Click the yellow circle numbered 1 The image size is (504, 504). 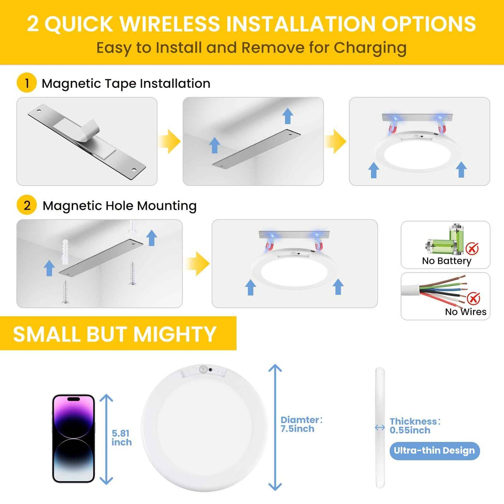(x=27, y=83)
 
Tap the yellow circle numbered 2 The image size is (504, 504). (x=27, y=205)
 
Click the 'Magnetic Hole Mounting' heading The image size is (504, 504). (x=119, y=206)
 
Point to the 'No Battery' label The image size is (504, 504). (x=446, y=261)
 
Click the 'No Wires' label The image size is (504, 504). (x=465, y=311)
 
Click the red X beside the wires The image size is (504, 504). (x=473, y=298)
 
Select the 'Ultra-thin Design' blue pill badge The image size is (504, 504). (x=434, y=451)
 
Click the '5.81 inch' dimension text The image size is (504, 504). (x=121, y=438)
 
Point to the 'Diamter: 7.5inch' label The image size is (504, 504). (x=301, y=424)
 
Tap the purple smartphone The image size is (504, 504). (x=73, y=438)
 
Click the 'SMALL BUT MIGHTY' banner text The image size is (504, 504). (x=114, y=334)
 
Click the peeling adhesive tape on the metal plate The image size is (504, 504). (x=89, y=131)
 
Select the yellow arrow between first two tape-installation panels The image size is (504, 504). (x=170, y=141)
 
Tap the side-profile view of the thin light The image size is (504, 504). (x=380, y=427)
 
